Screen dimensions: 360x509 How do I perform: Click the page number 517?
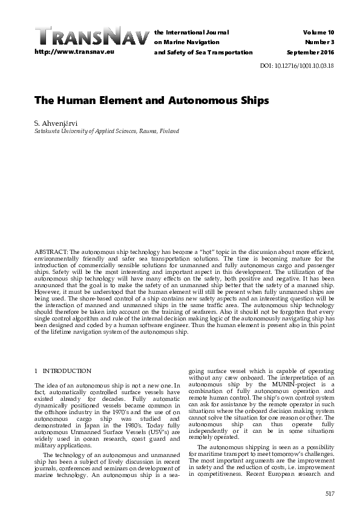coord(330,493)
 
